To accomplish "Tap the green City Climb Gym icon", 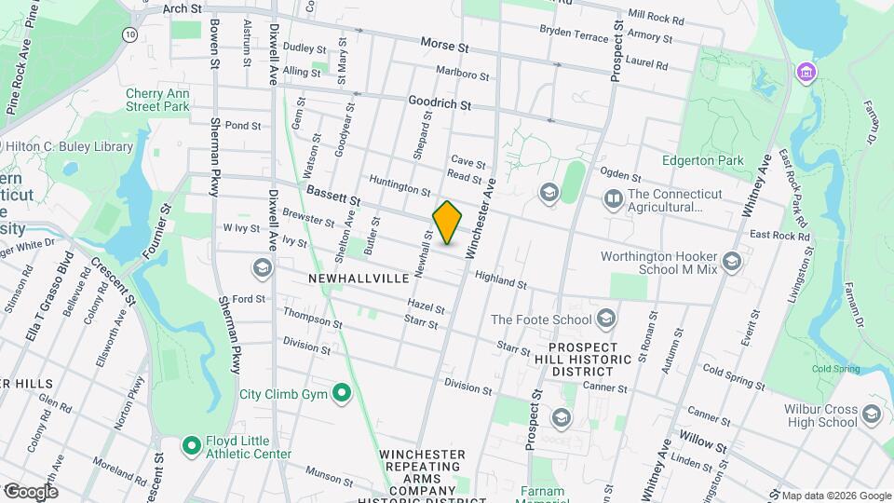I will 342,394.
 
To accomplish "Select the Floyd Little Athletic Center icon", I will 192,445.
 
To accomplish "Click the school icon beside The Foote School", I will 606,319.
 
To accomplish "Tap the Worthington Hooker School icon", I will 731,261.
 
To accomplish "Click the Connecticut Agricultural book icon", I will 613,198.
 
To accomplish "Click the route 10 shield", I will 129,34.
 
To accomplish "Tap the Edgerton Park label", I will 702,160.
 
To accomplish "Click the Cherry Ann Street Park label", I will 157,100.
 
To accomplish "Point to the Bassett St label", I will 332,197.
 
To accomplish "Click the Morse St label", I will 444,44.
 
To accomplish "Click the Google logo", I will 31,491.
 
